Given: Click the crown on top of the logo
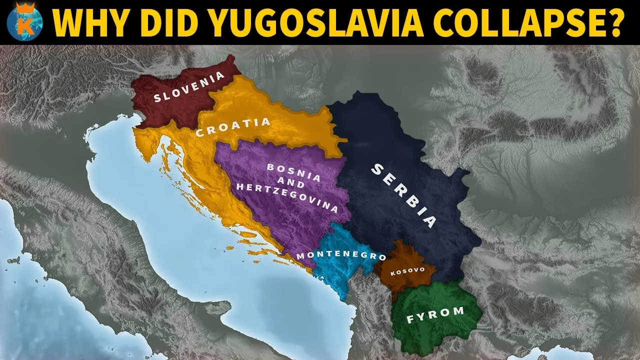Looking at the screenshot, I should [21, 7].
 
